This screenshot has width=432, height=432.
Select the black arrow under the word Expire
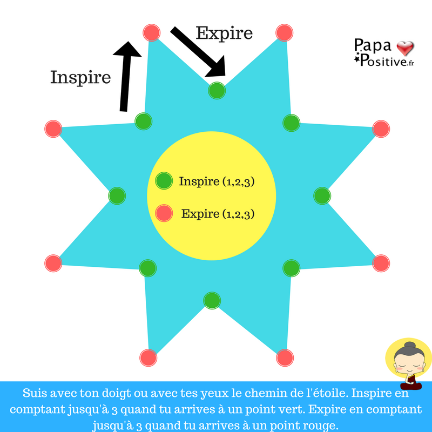(198, 52)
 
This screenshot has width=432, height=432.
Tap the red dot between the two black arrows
(152, 32)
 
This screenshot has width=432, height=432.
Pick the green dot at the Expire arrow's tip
(217, 91)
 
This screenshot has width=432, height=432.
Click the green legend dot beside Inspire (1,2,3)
(164, 181)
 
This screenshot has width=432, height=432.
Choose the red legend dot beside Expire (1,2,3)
(164, 213)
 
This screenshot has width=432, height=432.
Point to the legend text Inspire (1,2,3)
(217, 182)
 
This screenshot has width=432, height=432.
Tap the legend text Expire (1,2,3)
(218, 214)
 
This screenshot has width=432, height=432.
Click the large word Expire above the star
(224, 33)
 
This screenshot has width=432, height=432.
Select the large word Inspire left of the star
(80, 77)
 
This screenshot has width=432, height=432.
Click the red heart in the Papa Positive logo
(404, 49)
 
